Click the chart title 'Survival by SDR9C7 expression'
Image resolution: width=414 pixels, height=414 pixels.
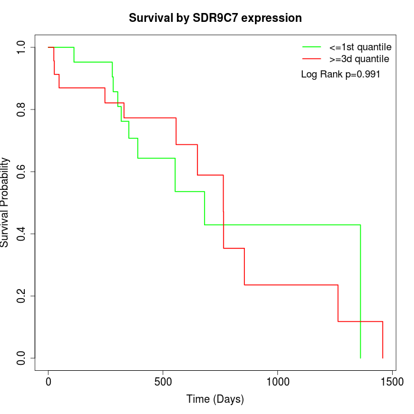(x=215, y=18)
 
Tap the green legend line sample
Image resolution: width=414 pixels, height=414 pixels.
(x=312, y=47)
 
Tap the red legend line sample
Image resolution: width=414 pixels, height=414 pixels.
(x=312, y=59)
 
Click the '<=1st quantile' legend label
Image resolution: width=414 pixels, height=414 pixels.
(x=360, y=47)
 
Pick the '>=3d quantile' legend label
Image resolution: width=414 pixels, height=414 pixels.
(x=359, y=59)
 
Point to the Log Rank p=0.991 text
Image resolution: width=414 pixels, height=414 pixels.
(x=340, y=75)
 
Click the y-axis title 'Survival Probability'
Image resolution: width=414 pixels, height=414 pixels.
(x=5, y=202)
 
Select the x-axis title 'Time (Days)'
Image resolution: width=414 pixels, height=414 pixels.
(x=215, y=399)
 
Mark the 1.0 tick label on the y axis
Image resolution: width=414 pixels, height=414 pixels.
(x=22, y=47)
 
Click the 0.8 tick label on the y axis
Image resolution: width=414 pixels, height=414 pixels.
(x=22, y=109)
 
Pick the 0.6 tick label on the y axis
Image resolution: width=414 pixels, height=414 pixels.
(x=22, y=172)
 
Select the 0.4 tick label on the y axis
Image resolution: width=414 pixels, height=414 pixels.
(x=22, y=234)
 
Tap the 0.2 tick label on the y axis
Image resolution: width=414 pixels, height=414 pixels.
(x=22, y=296)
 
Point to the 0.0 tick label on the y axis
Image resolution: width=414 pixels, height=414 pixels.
(x=22, y=358)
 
